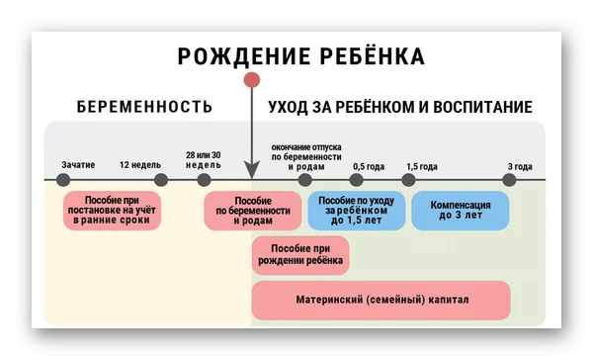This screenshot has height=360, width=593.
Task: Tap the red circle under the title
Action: tap(252, 80)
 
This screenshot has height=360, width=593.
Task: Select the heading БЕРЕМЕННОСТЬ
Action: tap(145, 107)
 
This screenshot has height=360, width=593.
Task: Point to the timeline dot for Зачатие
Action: tap(64, 180)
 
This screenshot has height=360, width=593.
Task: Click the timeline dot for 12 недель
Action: tap(161, 180)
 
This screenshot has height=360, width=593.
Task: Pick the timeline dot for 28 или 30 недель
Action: tap(204, 180)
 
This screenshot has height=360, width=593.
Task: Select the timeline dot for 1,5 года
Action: tap(408, 180)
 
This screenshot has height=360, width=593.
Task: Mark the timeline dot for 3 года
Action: tap(509, 180)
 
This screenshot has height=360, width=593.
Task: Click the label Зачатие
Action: tap(78, 164)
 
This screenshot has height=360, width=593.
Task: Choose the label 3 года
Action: tap(520, 166)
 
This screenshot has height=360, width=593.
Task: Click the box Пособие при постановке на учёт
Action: tap(114, 211)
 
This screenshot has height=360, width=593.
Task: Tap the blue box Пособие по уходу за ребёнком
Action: tap(357, 211)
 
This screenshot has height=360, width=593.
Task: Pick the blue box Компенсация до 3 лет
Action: tap(460, 211)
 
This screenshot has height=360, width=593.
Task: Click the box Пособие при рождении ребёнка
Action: tap(301, 255)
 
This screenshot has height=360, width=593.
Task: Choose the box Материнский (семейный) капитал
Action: tap(381, 300)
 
